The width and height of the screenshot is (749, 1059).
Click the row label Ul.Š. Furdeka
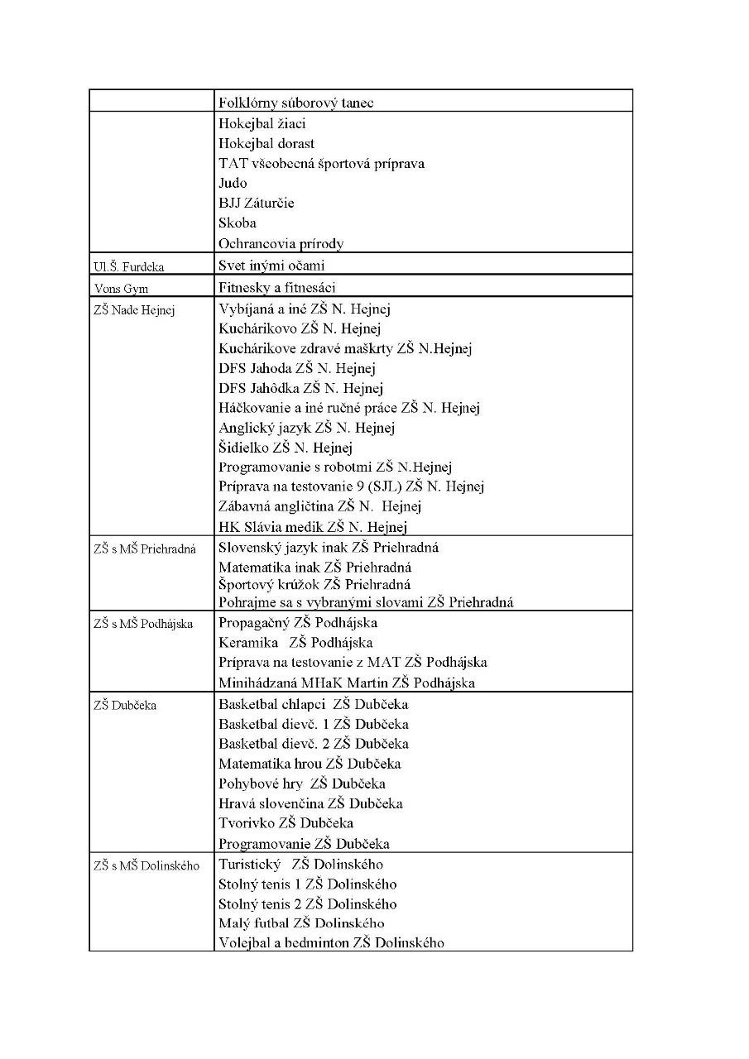click(128, 266)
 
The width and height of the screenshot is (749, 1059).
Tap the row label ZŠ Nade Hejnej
click(134, 310)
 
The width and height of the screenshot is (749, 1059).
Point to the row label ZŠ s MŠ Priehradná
click(145, 549)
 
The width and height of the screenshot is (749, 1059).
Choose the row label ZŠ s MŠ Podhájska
click(142, 624)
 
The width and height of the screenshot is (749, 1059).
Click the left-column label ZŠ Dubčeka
click(125, 706)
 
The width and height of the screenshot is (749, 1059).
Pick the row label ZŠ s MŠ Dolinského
click(146, 865)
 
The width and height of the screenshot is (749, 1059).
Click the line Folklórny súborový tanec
click(295, 103)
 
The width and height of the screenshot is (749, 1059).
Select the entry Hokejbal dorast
click(266, 143)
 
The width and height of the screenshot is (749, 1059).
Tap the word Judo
click(233, 183)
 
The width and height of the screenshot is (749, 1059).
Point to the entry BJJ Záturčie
click(256, 203)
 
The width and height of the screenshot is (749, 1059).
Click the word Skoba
click(238, 223)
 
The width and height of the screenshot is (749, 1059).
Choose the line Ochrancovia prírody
click(281, 243)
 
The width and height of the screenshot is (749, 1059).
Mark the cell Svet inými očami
click(271, 266)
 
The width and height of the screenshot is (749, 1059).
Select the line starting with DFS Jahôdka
click(300, 388)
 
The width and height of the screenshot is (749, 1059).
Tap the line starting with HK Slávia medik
click(312, 527)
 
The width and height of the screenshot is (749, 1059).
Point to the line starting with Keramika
click(295, 643)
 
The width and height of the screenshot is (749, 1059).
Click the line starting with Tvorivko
click(286, 823)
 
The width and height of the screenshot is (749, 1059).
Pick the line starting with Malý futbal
click(301, 923)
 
